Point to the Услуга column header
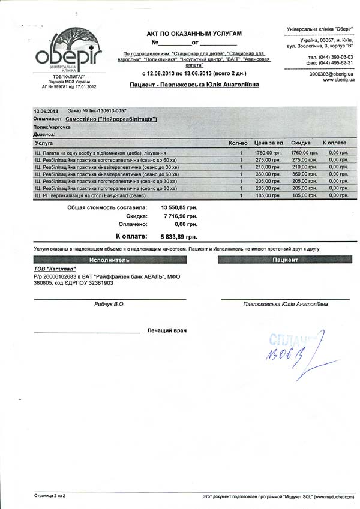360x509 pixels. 44,144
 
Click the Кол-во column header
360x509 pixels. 238,144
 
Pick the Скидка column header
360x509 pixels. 301,144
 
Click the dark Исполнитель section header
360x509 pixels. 110,261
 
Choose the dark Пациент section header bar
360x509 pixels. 284,261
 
